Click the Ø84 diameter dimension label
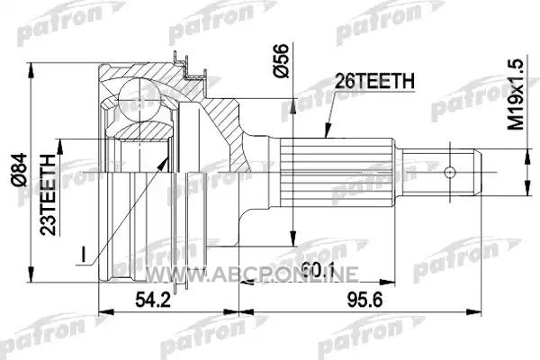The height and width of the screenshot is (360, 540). (19, 170)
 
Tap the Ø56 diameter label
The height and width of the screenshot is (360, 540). (281, 60)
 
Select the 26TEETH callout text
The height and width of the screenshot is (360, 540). (374, 81)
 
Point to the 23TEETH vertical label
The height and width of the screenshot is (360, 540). (48, 195)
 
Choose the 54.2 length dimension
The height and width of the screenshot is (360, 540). (153, 300)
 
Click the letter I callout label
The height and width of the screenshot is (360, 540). (83, 254)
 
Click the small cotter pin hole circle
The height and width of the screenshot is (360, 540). (450, 172)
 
